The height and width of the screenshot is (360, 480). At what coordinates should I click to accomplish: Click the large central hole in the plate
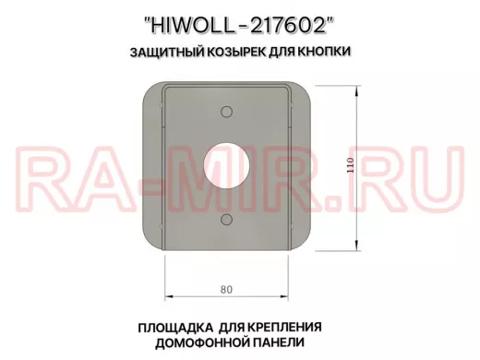coord(226,165)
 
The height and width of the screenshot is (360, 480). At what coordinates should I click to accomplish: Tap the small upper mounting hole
coord(227,112)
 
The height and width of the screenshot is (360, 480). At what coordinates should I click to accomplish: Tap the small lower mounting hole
coord(227,219)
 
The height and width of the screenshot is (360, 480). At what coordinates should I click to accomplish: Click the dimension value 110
coord(351,165)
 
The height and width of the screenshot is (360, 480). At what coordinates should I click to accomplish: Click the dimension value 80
coord(226,290)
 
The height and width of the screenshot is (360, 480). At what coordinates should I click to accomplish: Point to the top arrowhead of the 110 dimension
coord(356,91)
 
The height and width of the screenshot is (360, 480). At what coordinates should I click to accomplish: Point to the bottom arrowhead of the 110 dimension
coord(356,246)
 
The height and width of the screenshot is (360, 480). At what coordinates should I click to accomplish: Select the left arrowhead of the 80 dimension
coord(171,296)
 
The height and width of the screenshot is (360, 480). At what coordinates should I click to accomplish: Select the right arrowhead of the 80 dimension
coord(282,296)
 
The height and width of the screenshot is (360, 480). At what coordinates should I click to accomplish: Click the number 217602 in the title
coord(288,26)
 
